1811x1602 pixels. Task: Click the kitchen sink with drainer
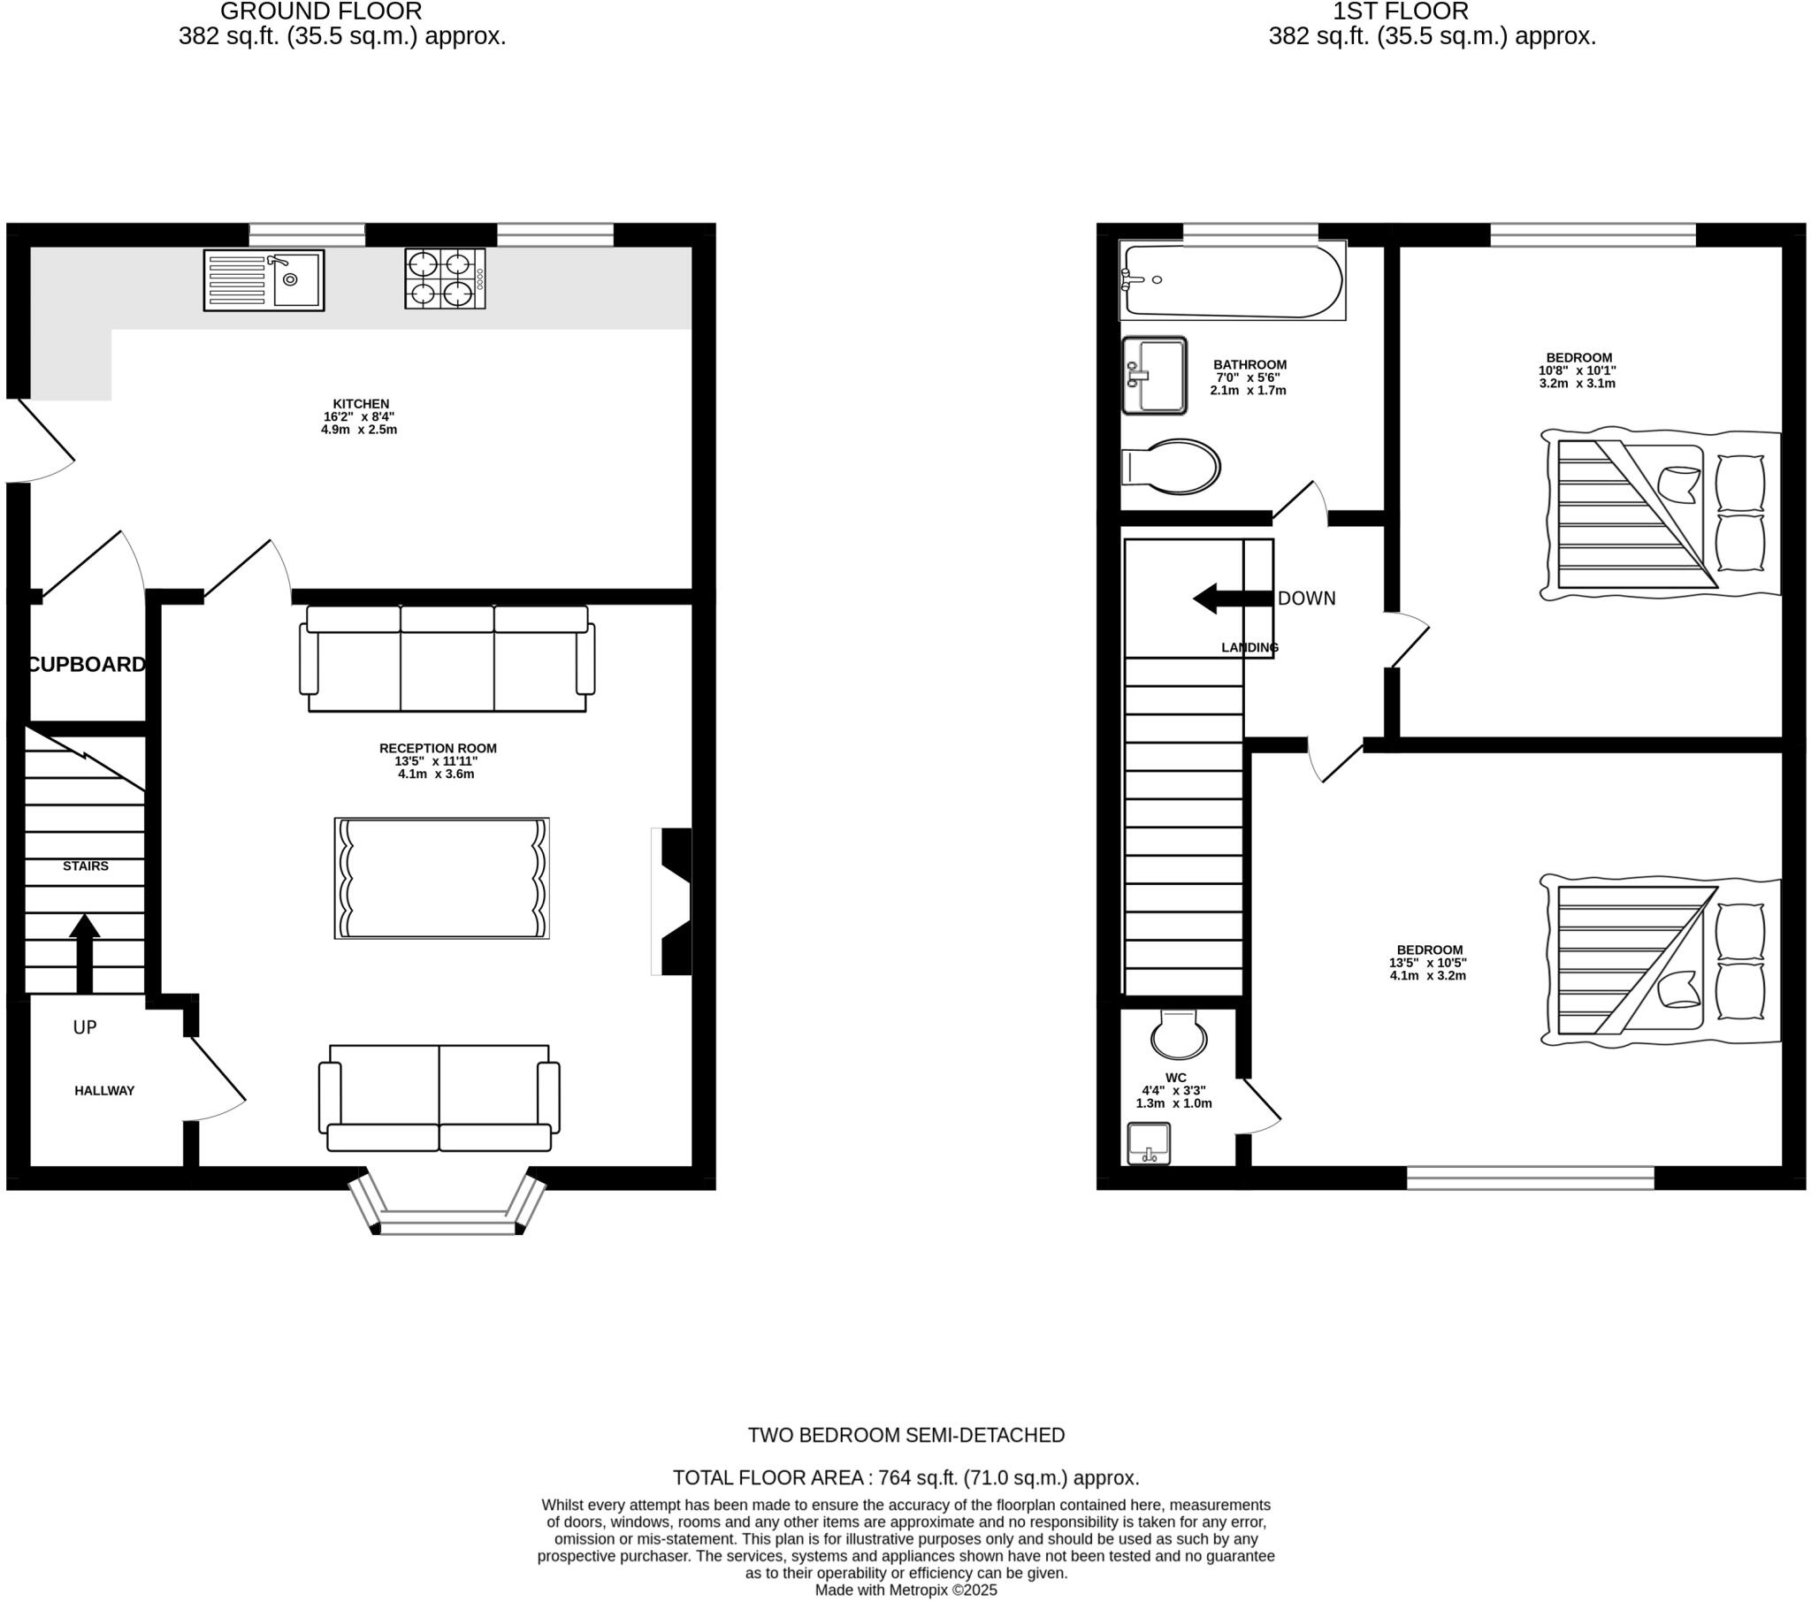(264, 280)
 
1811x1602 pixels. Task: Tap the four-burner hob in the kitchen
(445, 278)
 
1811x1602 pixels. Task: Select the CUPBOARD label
(87, 665)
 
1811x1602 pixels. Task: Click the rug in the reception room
(441, 878)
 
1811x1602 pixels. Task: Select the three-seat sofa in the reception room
(447, 659)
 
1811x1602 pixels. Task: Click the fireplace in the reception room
(673, 901)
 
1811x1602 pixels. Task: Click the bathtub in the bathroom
(1233, 281)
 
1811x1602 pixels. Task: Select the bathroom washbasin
(1154, 376)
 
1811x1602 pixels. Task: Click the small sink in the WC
(1150, 1144)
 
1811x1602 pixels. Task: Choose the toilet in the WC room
(1179, 1034)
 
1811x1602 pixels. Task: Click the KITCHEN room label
(361, 404)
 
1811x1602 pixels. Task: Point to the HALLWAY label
(104, 1091)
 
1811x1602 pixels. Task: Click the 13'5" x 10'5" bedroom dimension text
(1427, 963)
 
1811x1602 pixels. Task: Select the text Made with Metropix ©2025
(905, 1590)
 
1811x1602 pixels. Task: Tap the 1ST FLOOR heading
(1401, 11)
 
